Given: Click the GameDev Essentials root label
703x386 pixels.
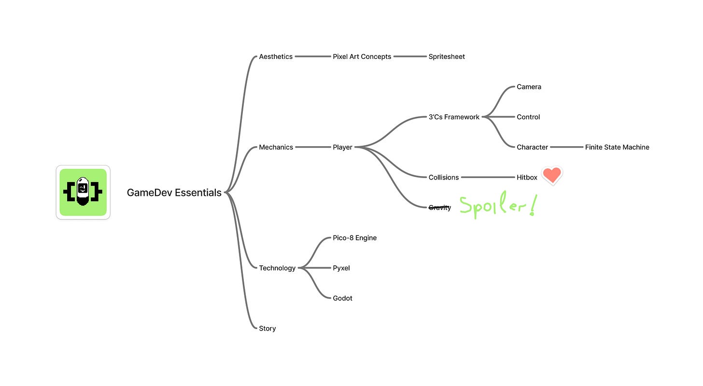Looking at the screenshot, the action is (174, 193).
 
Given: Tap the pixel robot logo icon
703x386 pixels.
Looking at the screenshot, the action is (83, 192).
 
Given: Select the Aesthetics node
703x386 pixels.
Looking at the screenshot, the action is (276, 56).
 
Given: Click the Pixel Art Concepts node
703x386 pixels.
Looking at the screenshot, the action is (362, 56).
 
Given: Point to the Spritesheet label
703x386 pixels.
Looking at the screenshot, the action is (447, 56).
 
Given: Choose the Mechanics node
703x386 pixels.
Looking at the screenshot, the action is (276, 147).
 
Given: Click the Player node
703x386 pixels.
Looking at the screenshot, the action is (342, 147).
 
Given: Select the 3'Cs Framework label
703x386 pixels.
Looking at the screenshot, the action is (454, 117).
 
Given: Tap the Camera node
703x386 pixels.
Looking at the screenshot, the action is (529, 87).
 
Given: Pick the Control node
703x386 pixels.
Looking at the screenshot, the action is (528, 117).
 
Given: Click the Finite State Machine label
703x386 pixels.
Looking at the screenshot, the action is (617, 147).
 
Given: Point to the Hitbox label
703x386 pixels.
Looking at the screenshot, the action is (527, 178).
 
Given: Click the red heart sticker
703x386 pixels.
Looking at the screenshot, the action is (552, 175).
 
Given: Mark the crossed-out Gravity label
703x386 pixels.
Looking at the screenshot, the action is (439, 207).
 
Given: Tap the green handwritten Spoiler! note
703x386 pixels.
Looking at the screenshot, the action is (497, 207).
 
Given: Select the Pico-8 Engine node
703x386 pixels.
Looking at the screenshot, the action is (354, 238).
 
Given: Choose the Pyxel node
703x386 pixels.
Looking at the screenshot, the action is (341, 268).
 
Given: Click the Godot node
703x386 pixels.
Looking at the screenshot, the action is (342, 298).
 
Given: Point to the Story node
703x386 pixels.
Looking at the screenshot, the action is (267, 328).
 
